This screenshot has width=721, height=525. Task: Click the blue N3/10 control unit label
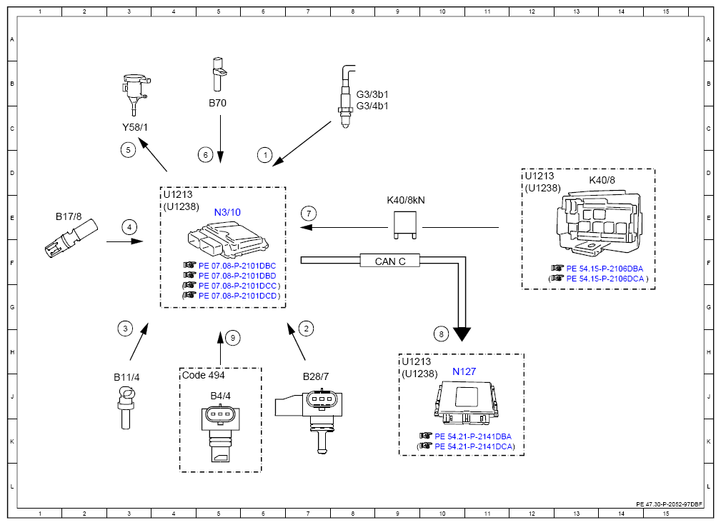click(x=227, y=212)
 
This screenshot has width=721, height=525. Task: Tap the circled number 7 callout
click(x=309, y=214)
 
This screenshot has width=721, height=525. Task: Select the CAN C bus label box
click(x=390, y=261)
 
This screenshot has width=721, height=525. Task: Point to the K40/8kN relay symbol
click(x=405, y=225)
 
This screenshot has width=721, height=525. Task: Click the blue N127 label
click(x=464, y=371)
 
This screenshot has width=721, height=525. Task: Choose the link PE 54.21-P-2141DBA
click(x=473, y=436)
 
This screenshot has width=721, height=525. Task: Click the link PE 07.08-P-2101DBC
click(x=237, y=266)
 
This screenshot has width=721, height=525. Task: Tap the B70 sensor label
click(x=217, y=103)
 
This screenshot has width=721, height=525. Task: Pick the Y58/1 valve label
click(x=135, y=127)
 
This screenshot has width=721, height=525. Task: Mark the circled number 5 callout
click(x=129, y=149)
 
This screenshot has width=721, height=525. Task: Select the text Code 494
click(x=203, y=375)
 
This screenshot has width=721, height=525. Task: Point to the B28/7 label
click(x=316, y=376)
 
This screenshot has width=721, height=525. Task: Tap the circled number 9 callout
click(x=233, y=338)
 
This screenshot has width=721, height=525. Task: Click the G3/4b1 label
click(x=372, y=106)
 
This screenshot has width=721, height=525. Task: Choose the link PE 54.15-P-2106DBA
click(x=605, y=269)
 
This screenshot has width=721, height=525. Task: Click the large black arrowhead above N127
click(x=462, y=334)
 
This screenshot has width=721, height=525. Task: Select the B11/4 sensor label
click(x=126, y=377)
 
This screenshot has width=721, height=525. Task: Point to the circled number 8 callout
click(x=441, y=334)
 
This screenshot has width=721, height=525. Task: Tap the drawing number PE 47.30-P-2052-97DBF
click(x=670, y=504)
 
